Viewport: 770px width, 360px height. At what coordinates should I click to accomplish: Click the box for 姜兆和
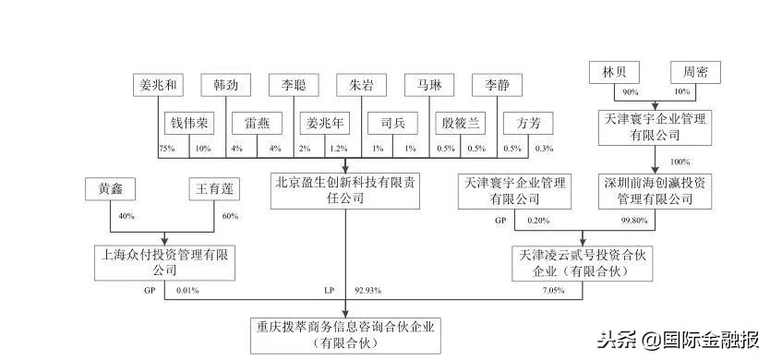(154, 86)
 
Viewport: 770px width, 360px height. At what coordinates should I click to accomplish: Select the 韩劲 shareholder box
(226, 86)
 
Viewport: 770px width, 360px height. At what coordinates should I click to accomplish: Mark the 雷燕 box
(257, 123)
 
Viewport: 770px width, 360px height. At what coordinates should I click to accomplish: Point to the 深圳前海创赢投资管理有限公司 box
(656, 189)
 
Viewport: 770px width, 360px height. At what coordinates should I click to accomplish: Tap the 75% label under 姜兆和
(167, 149)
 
